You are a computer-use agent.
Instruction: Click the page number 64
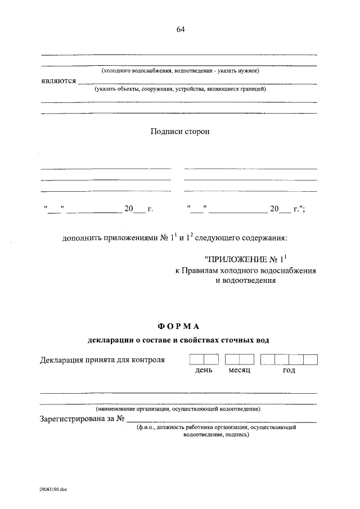click(x=180, y=30)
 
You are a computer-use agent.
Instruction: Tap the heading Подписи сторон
click(x=180, y=131)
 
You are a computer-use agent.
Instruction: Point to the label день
click(x=204, y=371)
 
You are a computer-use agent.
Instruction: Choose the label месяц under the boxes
click(x=239, y=371)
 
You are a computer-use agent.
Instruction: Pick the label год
click(x=289, y=371)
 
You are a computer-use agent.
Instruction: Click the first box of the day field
click(x=196, y=359)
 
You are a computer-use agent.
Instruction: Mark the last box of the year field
click(x=310, y=359)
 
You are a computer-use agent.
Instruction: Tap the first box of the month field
click(x=232, y=359)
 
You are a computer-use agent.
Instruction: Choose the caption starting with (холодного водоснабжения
click(x=179, y=71)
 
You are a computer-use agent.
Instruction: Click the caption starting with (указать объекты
click(x=180, y=89)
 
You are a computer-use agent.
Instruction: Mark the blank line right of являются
click(x=197, y=83)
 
